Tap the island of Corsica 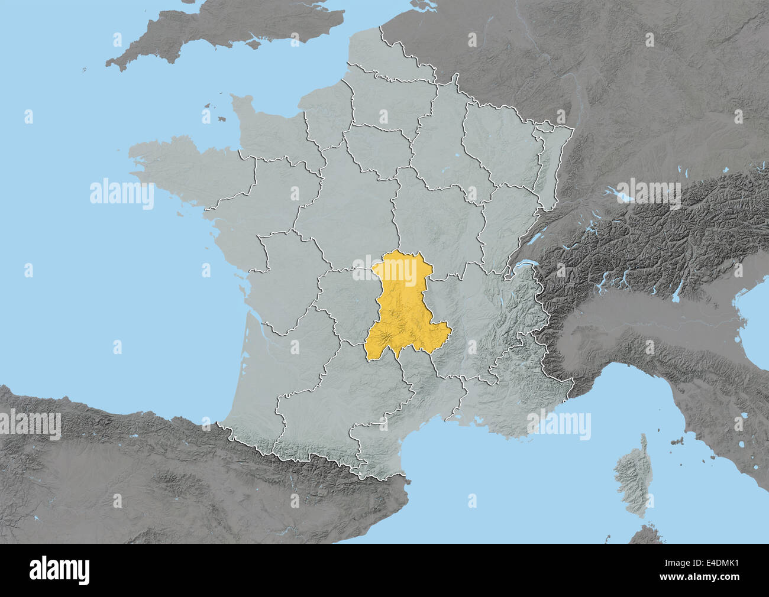631,473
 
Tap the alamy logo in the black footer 60,570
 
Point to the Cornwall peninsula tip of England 115,61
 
